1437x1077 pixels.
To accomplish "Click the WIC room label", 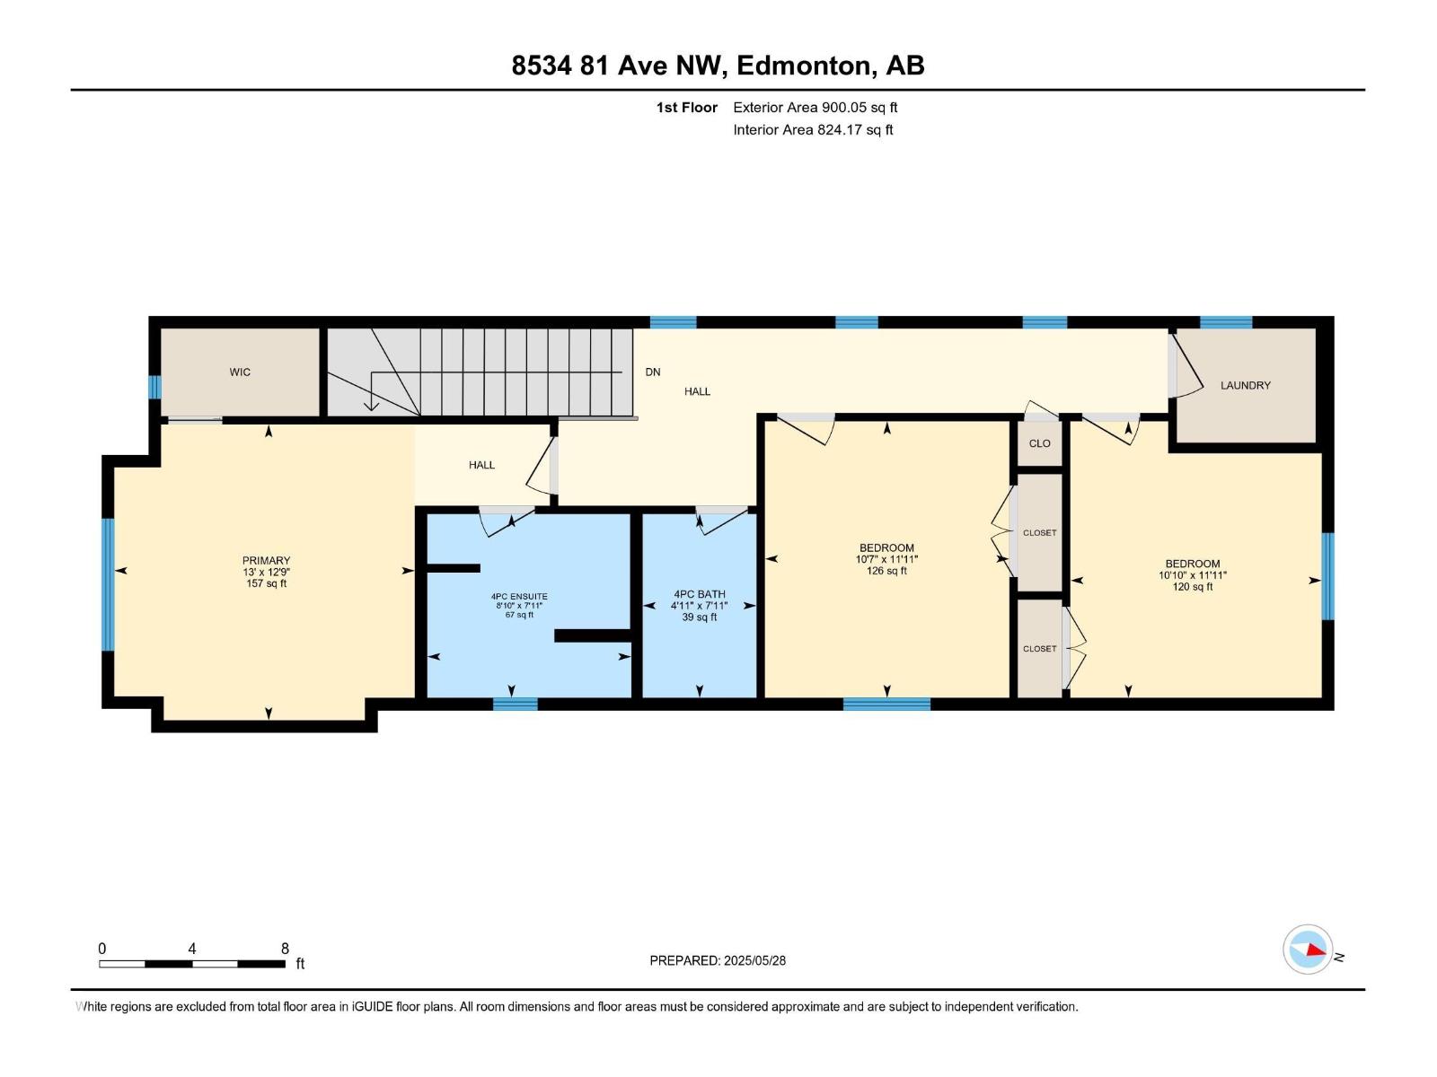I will tap(240, 372).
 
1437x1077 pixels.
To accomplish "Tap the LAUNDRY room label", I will tap(1245, 385).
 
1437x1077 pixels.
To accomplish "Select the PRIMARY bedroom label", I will tap(266, 561).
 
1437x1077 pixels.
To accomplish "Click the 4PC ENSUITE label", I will tap(518, 597).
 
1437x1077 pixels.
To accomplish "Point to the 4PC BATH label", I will tap(699, 594).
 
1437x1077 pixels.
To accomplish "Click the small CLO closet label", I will tap(1039, 443).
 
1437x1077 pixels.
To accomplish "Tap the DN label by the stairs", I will tap(653, 372).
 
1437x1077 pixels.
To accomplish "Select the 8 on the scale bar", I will tap(285, 949).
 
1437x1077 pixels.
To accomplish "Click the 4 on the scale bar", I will tap(192, 949).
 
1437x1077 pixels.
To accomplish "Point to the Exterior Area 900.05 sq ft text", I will tap(815, 108).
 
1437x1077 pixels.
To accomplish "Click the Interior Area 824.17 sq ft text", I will tap(813, 130).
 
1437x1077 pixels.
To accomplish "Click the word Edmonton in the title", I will tap(803, 66).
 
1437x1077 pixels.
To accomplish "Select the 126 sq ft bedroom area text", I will tap(886, 571).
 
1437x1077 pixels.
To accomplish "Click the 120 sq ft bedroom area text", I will tap(1192, 587).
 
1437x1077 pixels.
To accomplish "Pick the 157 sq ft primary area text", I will tap(266, 583).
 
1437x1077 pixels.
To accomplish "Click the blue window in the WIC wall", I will tap(154, 387).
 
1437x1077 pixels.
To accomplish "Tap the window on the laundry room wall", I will tap(1226, 322).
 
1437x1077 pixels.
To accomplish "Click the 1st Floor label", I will tap(686, 108).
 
